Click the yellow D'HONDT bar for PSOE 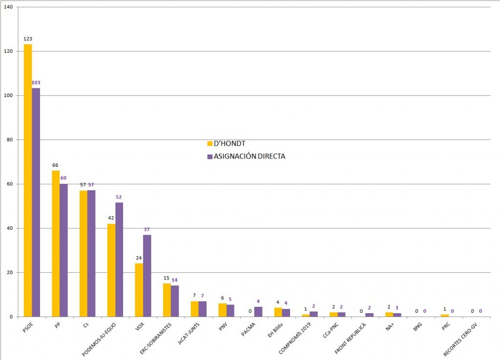coord(28,180)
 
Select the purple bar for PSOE coord(36,202)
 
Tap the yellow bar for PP coord(56,243)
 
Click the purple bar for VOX coord(147,276)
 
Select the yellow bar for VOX coord(139,290)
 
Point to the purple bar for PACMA coord(258,312)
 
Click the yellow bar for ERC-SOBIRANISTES coord(167,300)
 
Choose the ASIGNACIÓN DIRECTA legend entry coord(246,157)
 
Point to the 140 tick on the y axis coord(10,7)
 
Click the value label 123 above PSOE coord(28,39)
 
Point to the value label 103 coord(36,83)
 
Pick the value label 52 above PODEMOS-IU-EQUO coord(119,197)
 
